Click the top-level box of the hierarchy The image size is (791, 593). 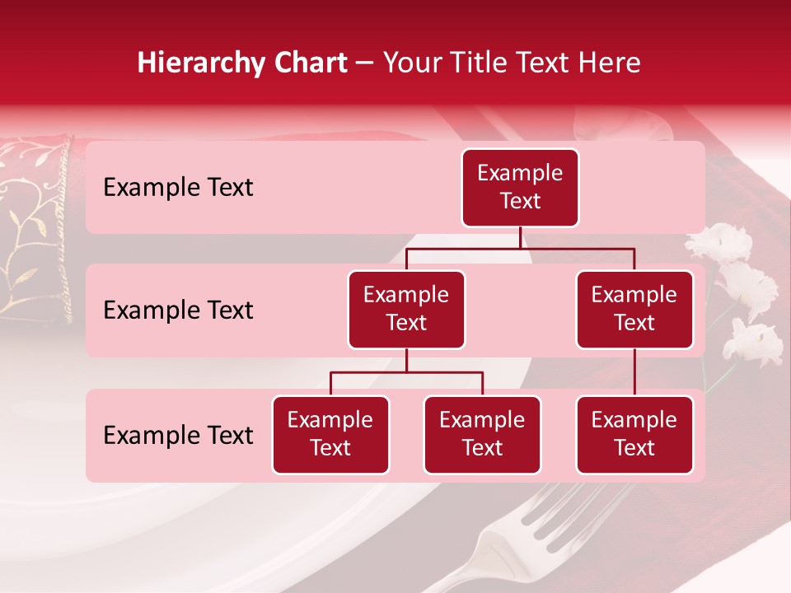520,188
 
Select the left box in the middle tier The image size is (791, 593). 406,310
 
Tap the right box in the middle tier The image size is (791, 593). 634,310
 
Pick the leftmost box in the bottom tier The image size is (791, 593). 330,435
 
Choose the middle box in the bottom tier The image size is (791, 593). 482,435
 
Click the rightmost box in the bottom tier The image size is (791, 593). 634,435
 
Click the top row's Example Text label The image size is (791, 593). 178,188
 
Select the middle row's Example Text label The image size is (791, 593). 178,311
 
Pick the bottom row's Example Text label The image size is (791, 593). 178,436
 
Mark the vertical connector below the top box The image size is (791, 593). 520,237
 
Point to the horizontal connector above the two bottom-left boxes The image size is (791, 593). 406,372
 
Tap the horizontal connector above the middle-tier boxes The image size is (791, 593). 520,248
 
